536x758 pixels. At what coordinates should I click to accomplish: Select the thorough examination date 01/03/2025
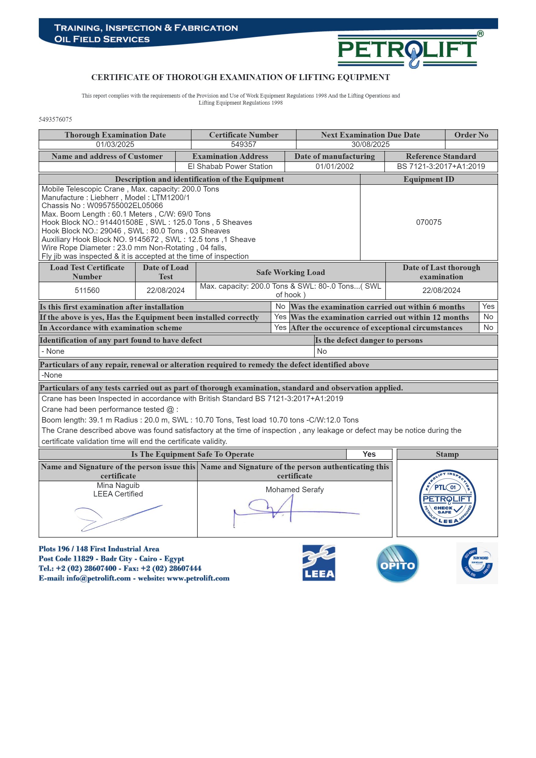[115, 144]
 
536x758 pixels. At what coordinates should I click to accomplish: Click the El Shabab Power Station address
[230, 167]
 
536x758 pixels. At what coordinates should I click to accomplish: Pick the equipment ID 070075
[428, 222]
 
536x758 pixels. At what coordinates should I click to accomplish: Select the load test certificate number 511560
[87, 290]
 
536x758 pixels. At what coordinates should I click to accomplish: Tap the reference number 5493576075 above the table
[55, 119]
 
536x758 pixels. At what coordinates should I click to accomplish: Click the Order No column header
[471, 135]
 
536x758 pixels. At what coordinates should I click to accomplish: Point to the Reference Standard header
[441, 156]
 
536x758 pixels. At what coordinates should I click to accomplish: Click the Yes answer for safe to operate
[369, 454]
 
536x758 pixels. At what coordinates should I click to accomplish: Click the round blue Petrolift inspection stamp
[447, 498]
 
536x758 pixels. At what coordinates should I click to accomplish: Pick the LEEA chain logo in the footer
[319, 563]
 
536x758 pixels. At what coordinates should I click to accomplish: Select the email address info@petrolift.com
[98, 578]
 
